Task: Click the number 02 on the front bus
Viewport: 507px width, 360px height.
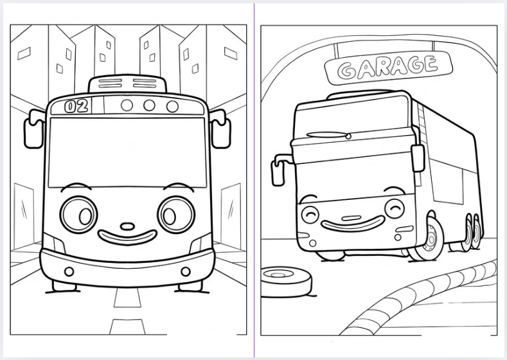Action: pyautogui.click(x=76, y=106)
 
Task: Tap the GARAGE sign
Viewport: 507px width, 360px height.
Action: pyautogui.click(x=388, y=69)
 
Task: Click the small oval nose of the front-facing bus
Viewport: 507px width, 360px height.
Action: pyautogui.click(x=128, y=226)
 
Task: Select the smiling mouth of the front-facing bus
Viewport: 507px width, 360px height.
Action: pyautogui.click(x=128, y=237)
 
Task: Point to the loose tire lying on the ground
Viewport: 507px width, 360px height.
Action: pyautogui.click(x=286, y=282)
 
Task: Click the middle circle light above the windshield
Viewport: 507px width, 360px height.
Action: pyautogui.click(x=149, y=105)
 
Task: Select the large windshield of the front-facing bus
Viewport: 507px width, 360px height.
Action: pyautogui.click(x=127, y=152)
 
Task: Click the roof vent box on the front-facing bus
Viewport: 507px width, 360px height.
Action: pyautogui.click(x=127, y=84)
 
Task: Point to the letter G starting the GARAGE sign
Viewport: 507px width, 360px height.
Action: pyautogui.click(x=345, y=71)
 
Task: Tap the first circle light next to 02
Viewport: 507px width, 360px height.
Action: pyautogui.click(x=127, y=105)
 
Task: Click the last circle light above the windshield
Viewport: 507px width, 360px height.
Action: pyautogui.click(x=172, y=106)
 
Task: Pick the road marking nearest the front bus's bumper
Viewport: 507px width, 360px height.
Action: pyautogui.click(x=127, y=298)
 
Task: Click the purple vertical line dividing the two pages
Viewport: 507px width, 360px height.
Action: pyautogui.click(x=254, y=180)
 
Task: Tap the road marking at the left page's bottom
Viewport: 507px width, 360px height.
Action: pyautogui.click(x=127, y=327)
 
